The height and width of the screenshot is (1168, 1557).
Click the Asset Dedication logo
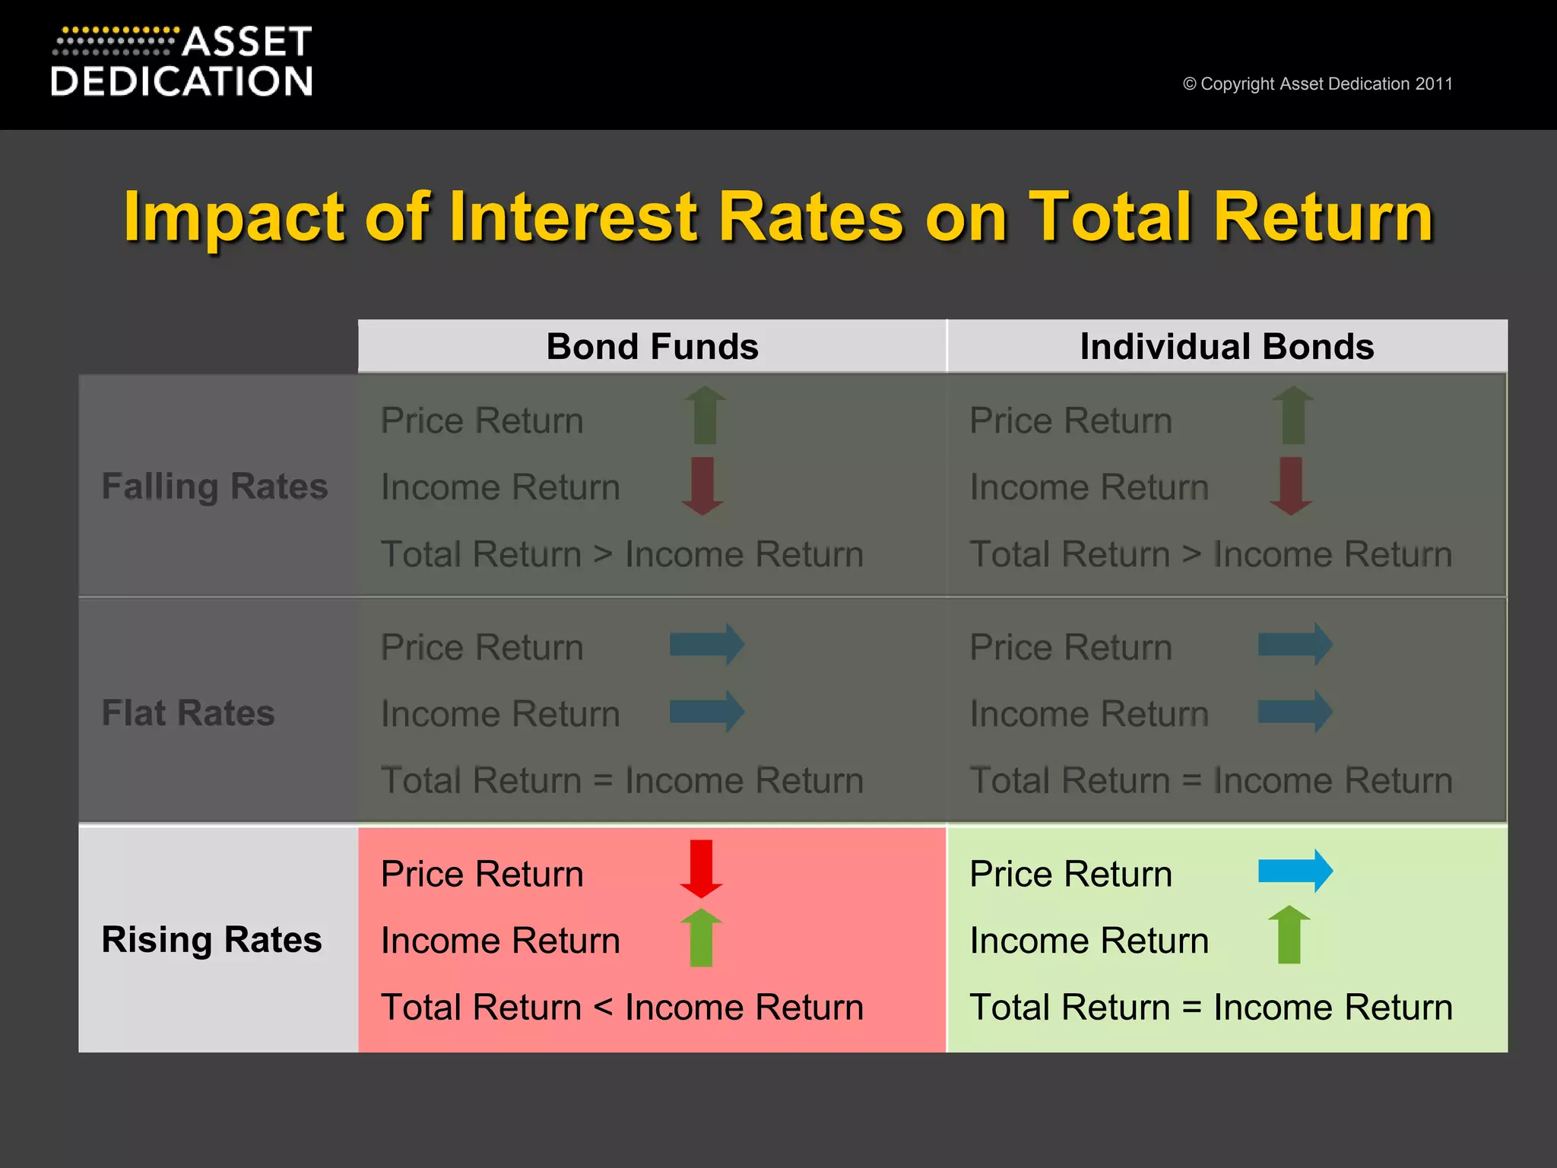[x=182, y=62]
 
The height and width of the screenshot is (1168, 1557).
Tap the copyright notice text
[x=1318, y=84]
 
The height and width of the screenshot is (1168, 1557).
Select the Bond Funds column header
[x=652, y=347]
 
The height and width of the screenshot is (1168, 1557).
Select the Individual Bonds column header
[x=1226, y=347]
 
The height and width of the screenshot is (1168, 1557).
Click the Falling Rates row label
[x=214, y=487]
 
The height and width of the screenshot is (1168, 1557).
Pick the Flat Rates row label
[x=188, y=713]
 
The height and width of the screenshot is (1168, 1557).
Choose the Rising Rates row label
[x=211, y=940]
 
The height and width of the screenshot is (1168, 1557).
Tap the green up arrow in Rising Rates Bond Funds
[x=701, y=937]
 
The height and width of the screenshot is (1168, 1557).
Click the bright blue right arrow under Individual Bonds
[x=1295, y=871]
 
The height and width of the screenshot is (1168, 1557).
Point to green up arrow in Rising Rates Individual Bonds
[x=1289, y=935]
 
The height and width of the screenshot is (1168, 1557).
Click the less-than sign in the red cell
[x=603, y=1008]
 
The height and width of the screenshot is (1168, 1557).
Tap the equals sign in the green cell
[x=1191, y=1008]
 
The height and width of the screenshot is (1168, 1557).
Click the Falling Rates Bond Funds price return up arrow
[x=705, y=415]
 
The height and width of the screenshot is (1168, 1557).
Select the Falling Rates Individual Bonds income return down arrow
[x=1291, y=486]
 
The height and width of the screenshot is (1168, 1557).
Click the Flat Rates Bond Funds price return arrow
[x=706, y=645]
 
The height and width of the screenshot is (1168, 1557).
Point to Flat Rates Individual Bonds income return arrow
[x=1295, y=712]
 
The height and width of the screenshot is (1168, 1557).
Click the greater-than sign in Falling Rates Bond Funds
[x=603, y=554]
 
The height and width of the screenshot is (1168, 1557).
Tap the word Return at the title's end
[x=1323, y=217]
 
